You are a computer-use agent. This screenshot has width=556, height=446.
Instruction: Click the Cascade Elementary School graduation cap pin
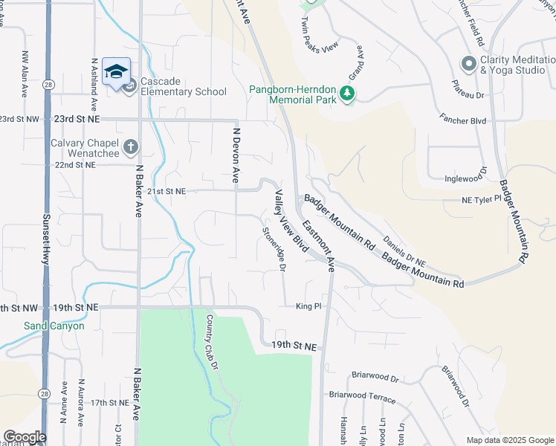[117, 71]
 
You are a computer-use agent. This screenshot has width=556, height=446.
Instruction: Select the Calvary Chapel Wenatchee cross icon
[131, 146]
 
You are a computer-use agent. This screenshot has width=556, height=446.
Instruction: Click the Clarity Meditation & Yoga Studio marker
[468, 65]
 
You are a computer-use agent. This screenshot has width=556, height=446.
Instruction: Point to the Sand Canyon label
[54, 326]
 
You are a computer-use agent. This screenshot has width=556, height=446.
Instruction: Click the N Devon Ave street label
[236, 155]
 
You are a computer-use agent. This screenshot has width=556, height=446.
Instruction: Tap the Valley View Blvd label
[290, 220]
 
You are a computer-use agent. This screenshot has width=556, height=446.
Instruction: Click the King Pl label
[308, 306]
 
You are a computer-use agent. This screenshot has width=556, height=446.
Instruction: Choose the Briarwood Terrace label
[362, 398]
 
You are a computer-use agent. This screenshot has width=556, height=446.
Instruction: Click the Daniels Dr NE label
[404, 252]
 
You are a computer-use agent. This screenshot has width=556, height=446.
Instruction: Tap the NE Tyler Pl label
[482, 200]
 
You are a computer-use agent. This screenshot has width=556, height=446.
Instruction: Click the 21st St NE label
[165, 191]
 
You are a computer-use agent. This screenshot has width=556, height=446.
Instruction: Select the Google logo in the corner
[25, 437]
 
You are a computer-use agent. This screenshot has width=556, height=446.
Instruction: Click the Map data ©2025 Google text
[509, 440]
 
